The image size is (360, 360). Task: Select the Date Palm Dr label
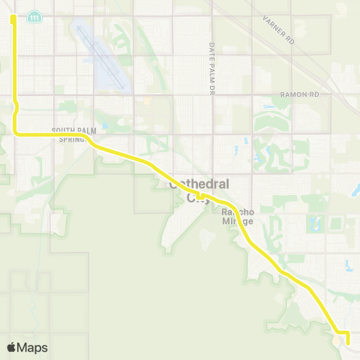[x=212, y=68]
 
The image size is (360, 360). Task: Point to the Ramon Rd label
[x=299, y=95]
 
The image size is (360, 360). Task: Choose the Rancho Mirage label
[x=238, y=217]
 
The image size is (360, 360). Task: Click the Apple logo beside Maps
[x=12, y=348]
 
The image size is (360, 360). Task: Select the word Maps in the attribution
[x=33, y=348]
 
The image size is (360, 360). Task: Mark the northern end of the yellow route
[x=13, y=18]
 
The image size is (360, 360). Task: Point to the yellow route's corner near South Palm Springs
[x=16, y=133]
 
